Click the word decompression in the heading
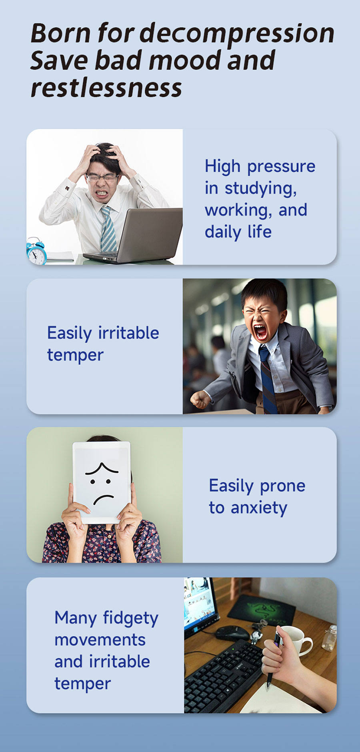(237, 34)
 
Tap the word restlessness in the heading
(106, 88)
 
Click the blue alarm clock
(36, 251)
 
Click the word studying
(261, 188)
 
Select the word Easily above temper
(70, 333)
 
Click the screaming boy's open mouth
(260, 332)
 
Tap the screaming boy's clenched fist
(200, 399)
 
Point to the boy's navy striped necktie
(268, 378)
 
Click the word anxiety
(259, 508)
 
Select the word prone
(282, 486)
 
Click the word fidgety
(131, 618)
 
